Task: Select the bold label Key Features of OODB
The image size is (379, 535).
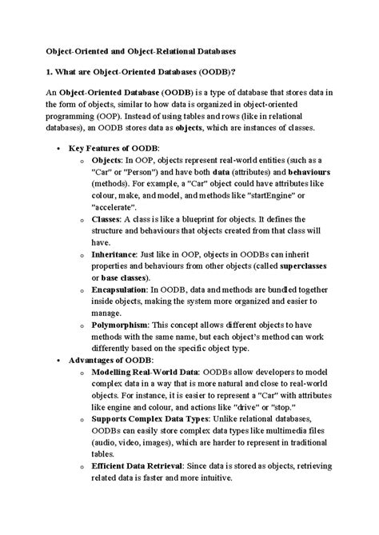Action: [114, 149]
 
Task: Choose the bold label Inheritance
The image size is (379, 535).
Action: [114, 252]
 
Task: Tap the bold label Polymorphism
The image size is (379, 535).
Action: [121, 326]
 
